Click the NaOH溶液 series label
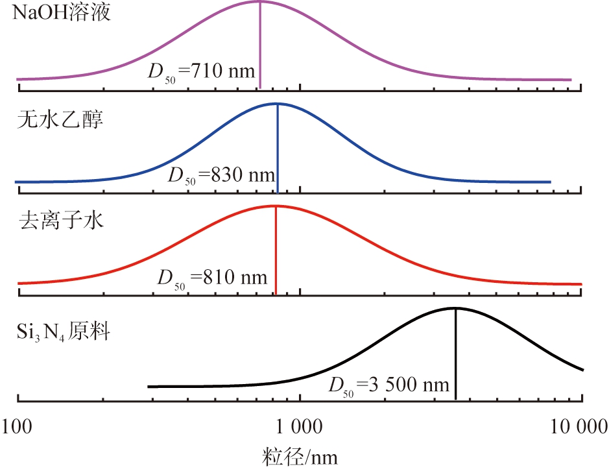pyautogui.click(x=64, y=14)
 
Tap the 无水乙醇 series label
pyautogui.click(x=60, y=120)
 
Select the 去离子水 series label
pyautogui.click(x=60, y=223)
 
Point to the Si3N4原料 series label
pyautogui.click(x=64, y=333)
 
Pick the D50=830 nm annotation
pyautogui.click(x=221, y=175)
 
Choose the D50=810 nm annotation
pyautogui.click(x=211, y=278)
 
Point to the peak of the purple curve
pyautogui.click(x=259, y=2)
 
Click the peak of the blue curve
pyautogui.click(x=278, y=104)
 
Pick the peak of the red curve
pyautogui.click(x=276, y=206)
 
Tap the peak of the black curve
pyautogui.click(x=456, y=309)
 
